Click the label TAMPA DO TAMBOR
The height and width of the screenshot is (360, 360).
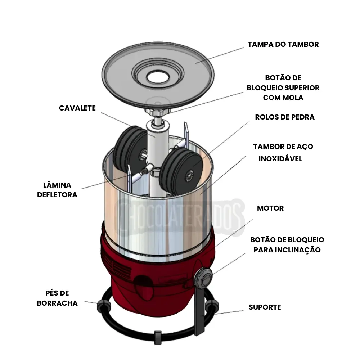(x=283, y=44)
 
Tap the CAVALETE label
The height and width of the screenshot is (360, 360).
(x=77, y=108)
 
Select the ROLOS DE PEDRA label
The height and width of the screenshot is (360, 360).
(x=284, y=117)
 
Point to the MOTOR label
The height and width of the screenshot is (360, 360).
(x=270, y=208)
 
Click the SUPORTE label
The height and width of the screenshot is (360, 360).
(x=265, y=307)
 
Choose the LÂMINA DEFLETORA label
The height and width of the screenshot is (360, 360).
(x=57, y=190)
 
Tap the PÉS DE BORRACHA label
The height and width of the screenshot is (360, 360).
(x=57, y=298)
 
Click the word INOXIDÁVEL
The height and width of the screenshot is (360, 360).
(x=280, y=159)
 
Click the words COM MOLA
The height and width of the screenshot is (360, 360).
(x=283, y=98)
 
